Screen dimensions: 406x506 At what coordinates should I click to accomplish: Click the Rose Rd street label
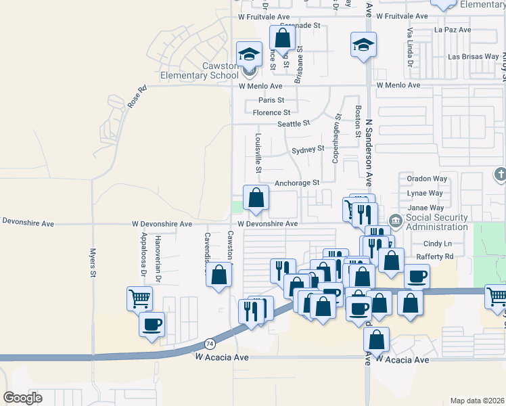pos(137,97)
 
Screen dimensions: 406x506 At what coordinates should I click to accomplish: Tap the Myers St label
pos(94,263)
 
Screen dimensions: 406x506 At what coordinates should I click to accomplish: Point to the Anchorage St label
pos(296,183)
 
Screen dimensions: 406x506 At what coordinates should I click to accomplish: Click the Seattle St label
pos(294,124)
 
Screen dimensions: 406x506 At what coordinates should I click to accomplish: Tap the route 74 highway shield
pos(210,344)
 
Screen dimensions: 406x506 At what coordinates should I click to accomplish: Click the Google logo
pos(22,398)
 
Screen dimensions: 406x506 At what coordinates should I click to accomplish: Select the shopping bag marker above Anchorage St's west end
pos(256,198)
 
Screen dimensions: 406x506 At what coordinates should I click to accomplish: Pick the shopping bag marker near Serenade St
pos(283,38)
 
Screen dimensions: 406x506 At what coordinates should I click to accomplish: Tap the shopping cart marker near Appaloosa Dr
pos(139,298)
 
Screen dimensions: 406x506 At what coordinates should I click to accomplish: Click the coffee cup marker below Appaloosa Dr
pos(152,323)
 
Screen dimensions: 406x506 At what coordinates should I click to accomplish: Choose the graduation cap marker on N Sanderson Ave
pos(363,45)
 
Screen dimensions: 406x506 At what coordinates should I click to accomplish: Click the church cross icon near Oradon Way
pos(500,174)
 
